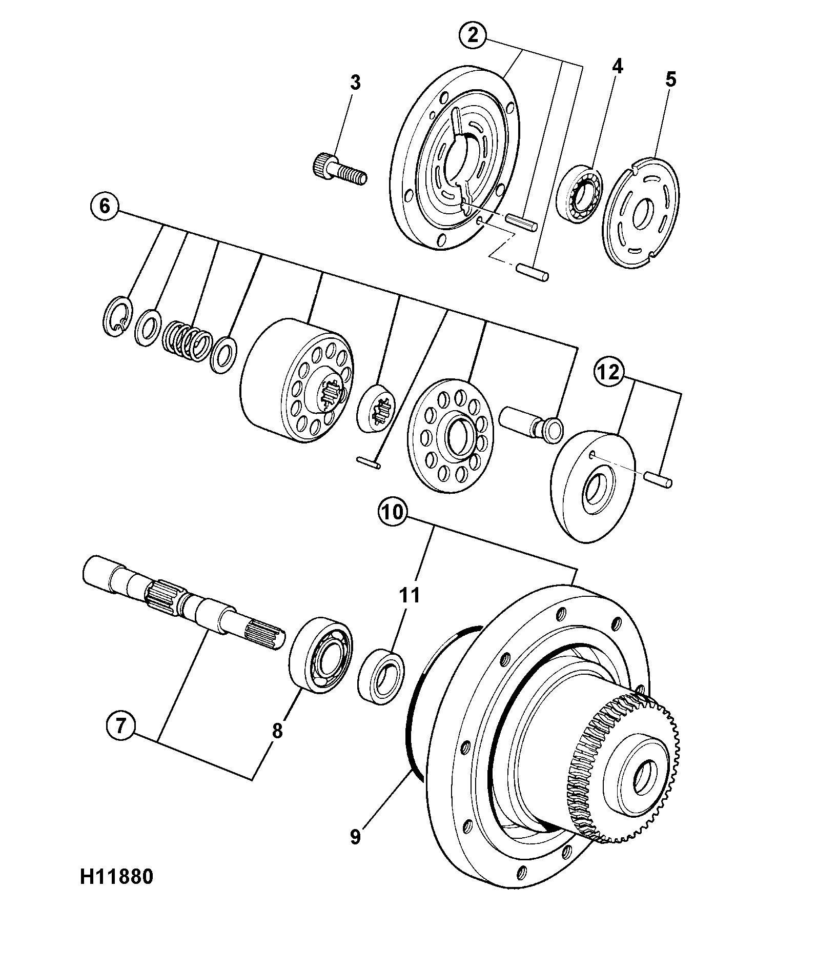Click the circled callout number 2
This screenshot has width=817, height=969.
(x=473, y=35)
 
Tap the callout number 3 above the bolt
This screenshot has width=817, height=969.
(x=355, y=83)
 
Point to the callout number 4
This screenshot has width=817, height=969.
(x=617, y=66)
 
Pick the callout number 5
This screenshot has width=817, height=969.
(x=670, y=79)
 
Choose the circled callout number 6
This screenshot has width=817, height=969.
(x=105, y=206)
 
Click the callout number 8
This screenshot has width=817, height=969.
(x=277, y=731)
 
